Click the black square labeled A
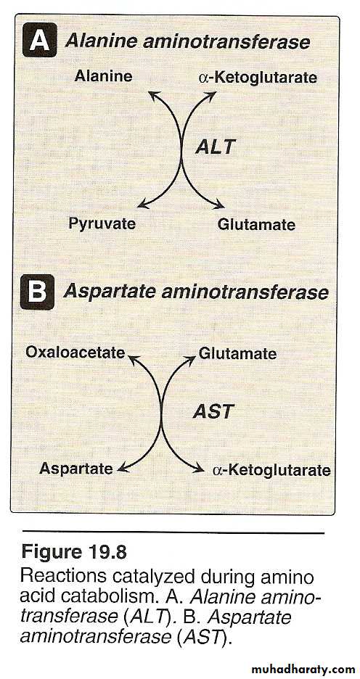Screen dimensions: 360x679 pyautogui.click(x=39, y=41)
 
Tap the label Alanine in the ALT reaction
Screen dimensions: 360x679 pyautogui.click(x=104, y=76)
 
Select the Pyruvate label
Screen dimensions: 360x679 pyautogui.click(x=102, y=224)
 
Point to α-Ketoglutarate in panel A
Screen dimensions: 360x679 pyautogui.click(x=258, y=78)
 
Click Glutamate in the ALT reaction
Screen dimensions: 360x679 pyautogui.click(x=256, y=225)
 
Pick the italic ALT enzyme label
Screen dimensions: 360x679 pyautogui.click(x=215, y=147)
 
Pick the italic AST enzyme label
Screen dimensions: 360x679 pyautogui.click(x=213, y=411)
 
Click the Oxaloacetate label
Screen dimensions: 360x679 pyautogui.click(x=75, y=353)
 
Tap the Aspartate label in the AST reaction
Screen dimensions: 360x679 pyautogui.click(x=75, y=469)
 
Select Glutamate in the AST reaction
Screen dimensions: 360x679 pyautogui.click(x=237, y=353)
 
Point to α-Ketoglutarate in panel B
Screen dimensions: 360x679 pyautogui.click(x=271, y=470)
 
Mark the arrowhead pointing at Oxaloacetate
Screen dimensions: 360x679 pyautogui.click(x=133, y=358)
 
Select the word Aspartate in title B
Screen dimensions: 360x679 pyautogui.click(x=109, y=292)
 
